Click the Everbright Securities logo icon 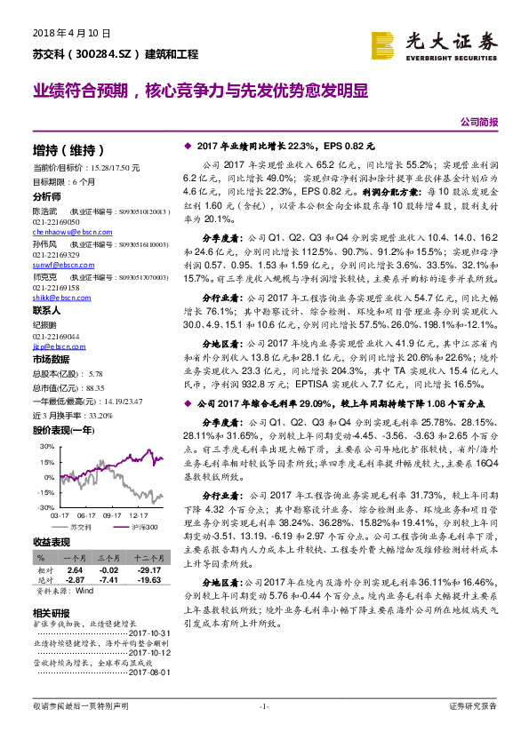pyautogui.click(x=383, y=44)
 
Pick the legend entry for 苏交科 pyautogui.click(x=84, y=527)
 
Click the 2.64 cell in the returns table pyautogui.click(x=75, y=570)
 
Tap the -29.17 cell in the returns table pyautogui.click(x=147, y=570)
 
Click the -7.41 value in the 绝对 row pyautogui.click(x=109, y=579)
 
